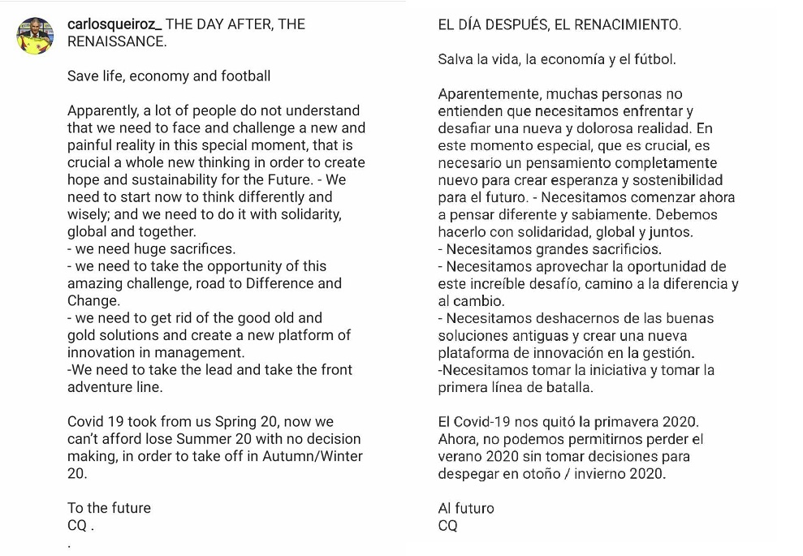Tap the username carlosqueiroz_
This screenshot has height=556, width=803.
point(114,24)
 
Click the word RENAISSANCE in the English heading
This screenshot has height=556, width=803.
point(117,41)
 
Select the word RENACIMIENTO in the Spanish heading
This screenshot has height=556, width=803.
point(633,25)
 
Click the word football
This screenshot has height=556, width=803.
point(240,76)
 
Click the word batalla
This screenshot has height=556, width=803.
point(568,388)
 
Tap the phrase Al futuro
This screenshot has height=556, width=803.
point(466,508)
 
